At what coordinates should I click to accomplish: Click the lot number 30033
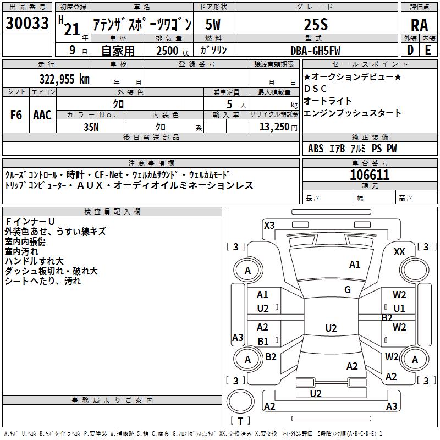click(x=27, y=23)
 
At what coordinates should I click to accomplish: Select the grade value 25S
click(x=316, y=25)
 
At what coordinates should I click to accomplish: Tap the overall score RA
click(x=420, y=25)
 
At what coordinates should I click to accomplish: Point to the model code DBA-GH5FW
click(x=315, y=51)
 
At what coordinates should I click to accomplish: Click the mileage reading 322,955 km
click(x=64, y=79)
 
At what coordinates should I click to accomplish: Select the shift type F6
click(x=16, y=115)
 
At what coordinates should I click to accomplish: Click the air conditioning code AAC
click(x=42, y=115)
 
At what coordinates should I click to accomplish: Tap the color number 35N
click(x=91, y=127)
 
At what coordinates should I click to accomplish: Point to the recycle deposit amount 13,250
click(x=274, y=127)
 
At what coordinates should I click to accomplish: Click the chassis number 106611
click(x=370, y=175)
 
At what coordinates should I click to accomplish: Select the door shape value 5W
click(x=213, y=24)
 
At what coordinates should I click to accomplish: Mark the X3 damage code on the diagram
click(x=269, y=225)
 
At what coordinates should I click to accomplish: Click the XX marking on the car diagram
click(x=399, y=252)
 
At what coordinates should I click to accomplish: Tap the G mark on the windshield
click(x=348, y=289)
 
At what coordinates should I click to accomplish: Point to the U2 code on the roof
click(x=331, y=328)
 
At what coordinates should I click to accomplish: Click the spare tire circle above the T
click(x=240, y=402)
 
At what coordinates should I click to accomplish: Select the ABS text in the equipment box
click(x=316, y=148)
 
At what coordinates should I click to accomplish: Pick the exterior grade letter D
click(x=410, y=50)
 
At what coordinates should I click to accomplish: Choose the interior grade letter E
click(x=428, y=50)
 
